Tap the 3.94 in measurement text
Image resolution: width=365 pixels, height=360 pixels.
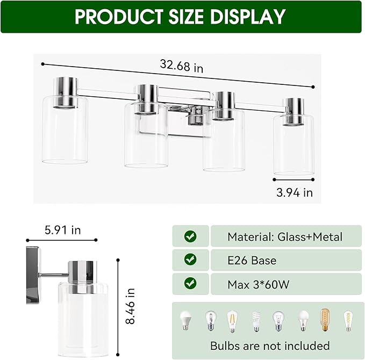click(293, 192)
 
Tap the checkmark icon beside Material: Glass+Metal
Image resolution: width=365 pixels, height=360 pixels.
click(190, 236)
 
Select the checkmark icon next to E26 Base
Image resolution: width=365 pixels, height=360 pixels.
click(190, 260)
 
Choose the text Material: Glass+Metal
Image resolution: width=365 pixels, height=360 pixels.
click(284, 236)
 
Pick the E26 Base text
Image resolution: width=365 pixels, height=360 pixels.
click(252, 261)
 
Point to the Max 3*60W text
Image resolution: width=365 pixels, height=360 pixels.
click(258, 284)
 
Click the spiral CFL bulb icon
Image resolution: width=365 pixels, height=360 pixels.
click(256, 321)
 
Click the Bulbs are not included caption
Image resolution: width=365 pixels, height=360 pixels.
click(270, 345)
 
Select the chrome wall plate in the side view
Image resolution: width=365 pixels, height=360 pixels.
click(33, 275)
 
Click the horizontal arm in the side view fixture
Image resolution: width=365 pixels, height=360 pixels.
click(54, 275)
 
